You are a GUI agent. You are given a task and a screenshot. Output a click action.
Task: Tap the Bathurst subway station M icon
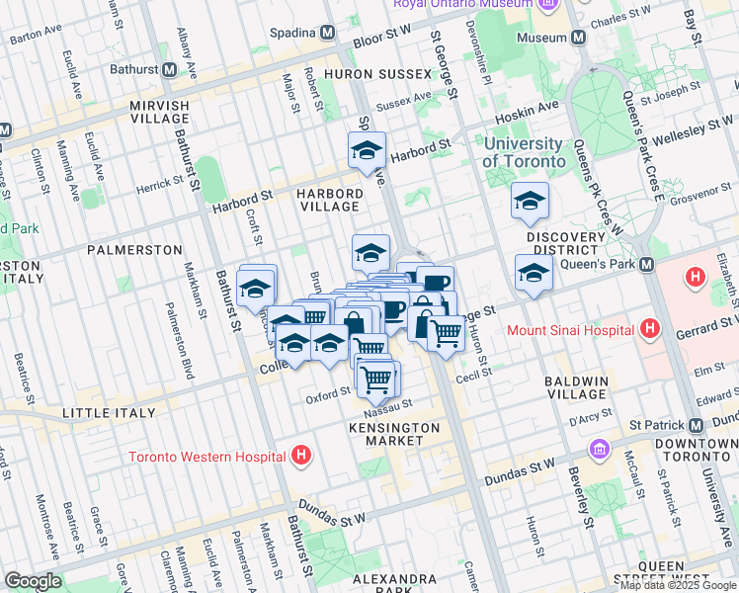click(x=170, y=70)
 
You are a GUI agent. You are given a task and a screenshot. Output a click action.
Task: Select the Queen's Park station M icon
click(x=647, y=265)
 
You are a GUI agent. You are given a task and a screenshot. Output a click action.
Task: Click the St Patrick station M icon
click(x=697, y=425)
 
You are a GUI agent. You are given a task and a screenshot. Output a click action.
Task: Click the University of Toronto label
click(x=524, y=152)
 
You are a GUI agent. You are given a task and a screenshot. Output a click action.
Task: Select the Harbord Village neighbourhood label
click(x=330, y=199)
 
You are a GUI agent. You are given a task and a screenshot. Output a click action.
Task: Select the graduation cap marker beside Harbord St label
click(x=367, y=150)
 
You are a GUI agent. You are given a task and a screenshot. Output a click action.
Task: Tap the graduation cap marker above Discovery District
click(x=530, y=202)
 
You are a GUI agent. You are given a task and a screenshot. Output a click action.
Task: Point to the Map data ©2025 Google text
click(x=677, y=585)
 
